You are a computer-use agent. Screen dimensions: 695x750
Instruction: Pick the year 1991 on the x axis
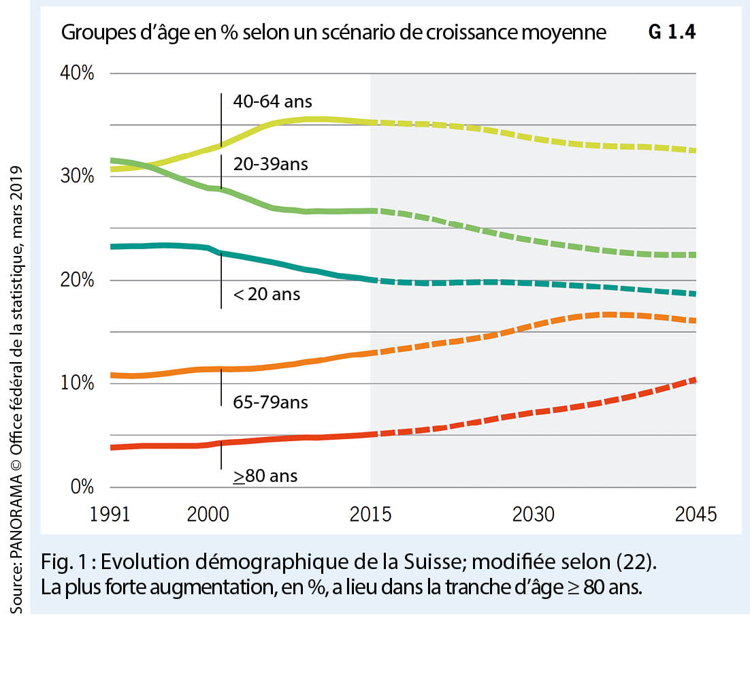point(110,514)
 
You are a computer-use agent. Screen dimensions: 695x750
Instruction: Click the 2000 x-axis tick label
point(208,514)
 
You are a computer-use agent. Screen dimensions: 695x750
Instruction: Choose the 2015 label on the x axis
point(370,514)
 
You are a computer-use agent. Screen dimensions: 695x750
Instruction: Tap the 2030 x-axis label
point(534,514)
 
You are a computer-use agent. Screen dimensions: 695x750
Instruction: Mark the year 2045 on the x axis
point(696,514)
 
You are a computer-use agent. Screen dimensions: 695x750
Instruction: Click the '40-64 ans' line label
point(272,102)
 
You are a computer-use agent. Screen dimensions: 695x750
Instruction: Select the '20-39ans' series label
point(271,165)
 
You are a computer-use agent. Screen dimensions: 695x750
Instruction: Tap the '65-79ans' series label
point(270,403)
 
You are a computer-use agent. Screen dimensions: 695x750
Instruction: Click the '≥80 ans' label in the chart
point(265,476)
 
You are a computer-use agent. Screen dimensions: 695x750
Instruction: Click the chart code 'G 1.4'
point(672,33)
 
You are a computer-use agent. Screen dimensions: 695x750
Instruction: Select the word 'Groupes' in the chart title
point(93,33)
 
